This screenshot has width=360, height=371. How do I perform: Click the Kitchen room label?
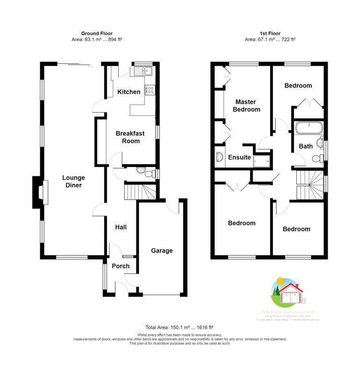point(128,92)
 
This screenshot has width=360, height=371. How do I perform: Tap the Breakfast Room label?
point(127,137)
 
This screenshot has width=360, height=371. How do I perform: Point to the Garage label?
point(162,250)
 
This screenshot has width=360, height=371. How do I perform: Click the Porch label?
point(120,266)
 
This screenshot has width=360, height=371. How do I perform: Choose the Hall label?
point(121,227)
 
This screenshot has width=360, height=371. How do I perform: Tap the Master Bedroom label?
point(247,106)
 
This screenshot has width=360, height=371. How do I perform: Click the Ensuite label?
point(240,157)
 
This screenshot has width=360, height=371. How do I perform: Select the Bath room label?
point(306,146)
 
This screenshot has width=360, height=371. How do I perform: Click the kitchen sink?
point(142,72)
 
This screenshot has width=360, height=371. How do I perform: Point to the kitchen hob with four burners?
point(150,90)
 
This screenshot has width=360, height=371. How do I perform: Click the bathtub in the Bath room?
point(308,128)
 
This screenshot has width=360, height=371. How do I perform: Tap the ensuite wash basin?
point(219,157)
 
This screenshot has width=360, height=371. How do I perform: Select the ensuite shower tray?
point(262,160)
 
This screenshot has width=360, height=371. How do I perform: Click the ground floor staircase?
point(140,191)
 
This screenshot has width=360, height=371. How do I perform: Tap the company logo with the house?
point(286,293)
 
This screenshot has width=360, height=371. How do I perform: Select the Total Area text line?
point(180,327)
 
